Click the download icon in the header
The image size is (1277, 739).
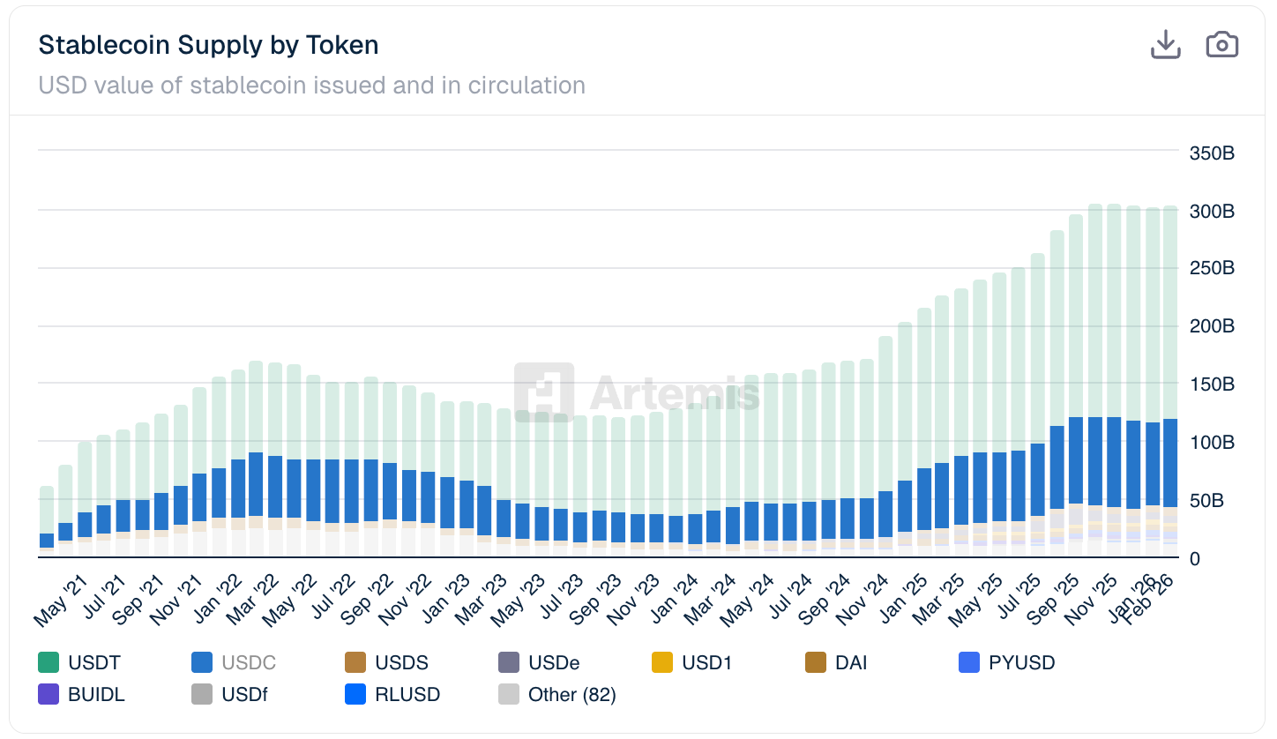point(1165,44)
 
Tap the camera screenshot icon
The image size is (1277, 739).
point(1221,44)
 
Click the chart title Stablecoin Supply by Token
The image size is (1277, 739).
point(208,45)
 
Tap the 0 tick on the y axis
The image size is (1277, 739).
point(1195,558)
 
